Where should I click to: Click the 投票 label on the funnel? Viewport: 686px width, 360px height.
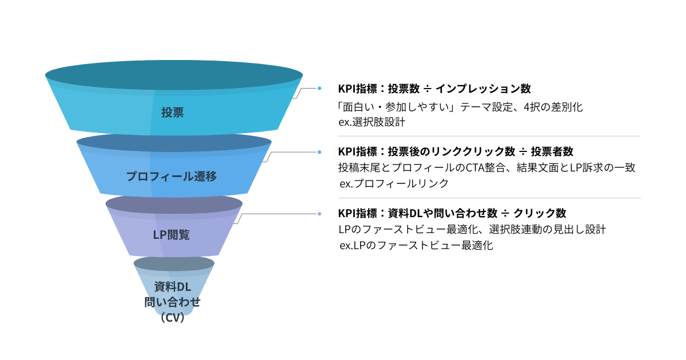(172, 113)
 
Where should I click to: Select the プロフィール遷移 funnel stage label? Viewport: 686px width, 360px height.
(171, 177)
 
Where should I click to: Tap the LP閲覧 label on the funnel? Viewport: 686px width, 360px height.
(171, 235)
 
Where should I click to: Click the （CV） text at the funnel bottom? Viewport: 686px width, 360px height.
(172, 318)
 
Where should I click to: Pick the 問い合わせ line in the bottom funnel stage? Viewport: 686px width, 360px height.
(172, 302)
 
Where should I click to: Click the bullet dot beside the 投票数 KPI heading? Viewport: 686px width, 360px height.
(320, 88)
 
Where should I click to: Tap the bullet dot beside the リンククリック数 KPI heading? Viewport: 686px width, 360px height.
(320, 152)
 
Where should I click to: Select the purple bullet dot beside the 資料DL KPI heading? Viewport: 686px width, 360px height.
(320, 214)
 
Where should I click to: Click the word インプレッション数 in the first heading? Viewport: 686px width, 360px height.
(483, 89)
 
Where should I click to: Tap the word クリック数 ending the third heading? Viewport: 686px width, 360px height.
(540, 213)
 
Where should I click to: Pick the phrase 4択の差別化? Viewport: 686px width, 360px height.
(556, 106)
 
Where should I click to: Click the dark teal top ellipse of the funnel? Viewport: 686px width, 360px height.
(174, 75)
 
